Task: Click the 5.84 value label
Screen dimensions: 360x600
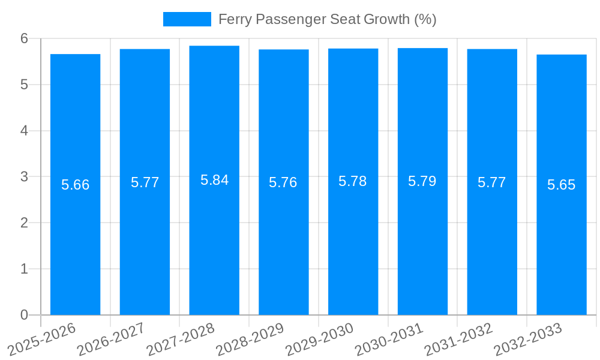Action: coord(214,180)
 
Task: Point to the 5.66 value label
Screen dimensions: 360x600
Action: coord(75,185)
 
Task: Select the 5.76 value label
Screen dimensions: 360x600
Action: coord(283,182)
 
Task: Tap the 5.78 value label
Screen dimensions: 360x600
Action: coord(353,181)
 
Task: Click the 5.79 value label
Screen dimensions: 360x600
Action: coord(422,181)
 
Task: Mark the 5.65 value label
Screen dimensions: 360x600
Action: coord(562,185)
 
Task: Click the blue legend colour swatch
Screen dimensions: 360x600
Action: coord(187,19)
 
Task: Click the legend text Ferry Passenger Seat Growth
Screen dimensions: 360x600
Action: coord(327,19)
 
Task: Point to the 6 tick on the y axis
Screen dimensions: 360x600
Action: coord(25,38)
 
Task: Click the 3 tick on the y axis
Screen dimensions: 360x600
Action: coord(25,177)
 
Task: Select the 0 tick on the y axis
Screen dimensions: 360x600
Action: coord(25,315)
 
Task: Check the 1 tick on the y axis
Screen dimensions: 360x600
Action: coord(25,269)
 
